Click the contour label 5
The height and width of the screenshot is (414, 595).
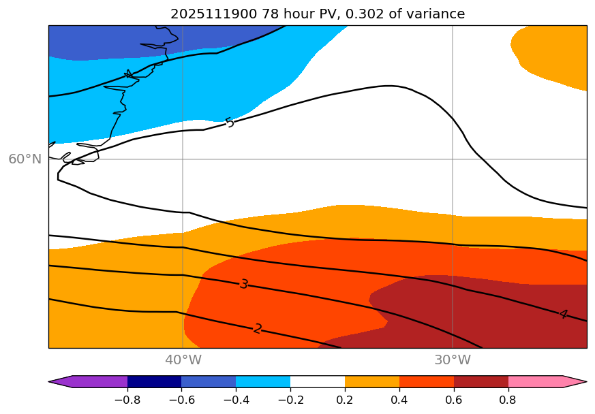(230, 123)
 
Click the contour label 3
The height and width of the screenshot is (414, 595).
(244, 284)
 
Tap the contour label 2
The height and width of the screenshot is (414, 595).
(258, 329)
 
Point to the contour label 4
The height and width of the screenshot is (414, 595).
(563, 314)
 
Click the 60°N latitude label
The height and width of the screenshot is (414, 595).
(25, 159)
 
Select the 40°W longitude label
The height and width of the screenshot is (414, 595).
(183, 360)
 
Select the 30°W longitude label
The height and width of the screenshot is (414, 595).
(453, 360)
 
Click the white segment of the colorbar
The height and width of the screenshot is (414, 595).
(318, 381)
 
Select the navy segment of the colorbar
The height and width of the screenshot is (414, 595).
(154, 381)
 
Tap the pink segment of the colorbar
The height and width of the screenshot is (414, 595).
(536, 381)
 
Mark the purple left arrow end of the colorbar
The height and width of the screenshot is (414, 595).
(61, 381)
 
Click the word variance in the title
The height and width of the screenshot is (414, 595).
(436, 14)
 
